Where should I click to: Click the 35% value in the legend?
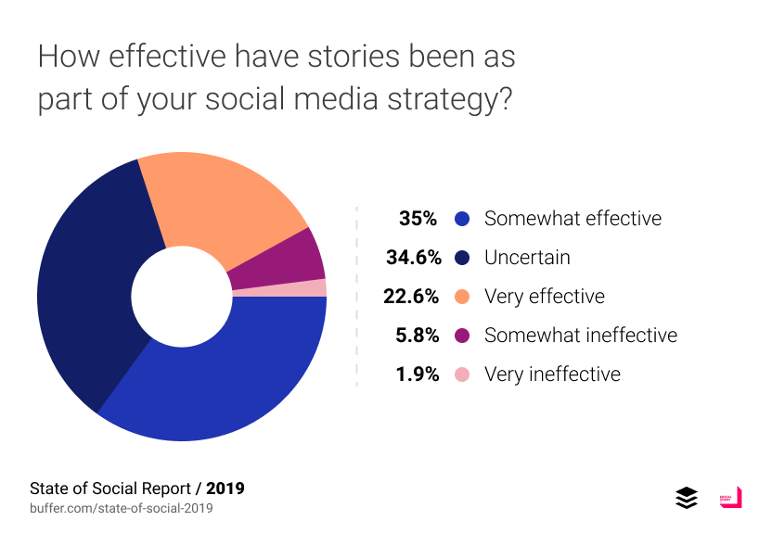[x=418, y=219]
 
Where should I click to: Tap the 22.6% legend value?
[x=410, y=297]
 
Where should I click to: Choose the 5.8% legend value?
[x=417, y=336]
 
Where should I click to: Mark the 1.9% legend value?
[x=417, y=375]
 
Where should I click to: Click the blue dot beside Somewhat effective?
[x=462, y=220]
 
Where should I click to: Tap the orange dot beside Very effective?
[x=462, y=298]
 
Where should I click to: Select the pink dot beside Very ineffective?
[x=462, y=375]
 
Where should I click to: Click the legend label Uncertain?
[x=527, y=258]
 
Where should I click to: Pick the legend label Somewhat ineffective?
[x=581, y=336]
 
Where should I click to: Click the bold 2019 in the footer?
[x=225, y=488]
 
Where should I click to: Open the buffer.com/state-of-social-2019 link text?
[x=122, y=508]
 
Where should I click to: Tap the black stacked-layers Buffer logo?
[x=686, y=498]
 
